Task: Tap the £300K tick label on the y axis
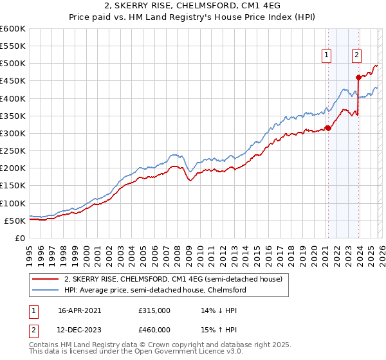[13, 133]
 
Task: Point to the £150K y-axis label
[13, 186]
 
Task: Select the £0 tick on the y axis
[19, 238]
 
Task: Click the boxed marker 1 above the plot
[327, 56]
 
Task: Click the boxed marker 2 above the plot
[356, 56]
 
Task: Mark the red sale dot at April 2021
[328, 128]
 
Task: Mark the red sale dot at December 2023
[358, 78]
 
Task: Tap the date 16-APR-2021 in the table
[80, 310]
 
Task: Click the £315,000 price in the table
[154, 310]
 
